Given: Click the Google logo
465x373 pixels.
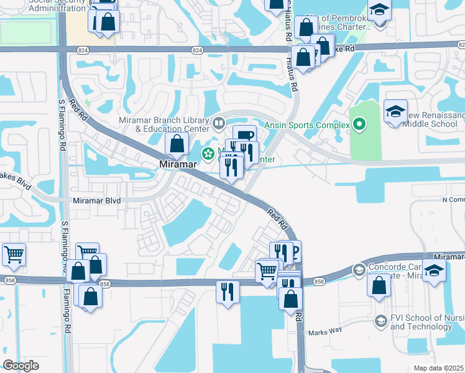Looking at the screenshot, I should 21,366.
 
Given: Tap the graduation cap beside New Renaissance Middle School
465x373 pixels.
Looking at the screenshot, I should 395,112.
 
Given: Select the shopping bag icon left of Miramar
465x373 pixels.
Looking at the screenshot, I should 177,144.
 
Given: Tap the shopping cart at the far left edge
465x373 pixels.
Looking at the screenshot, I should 13,254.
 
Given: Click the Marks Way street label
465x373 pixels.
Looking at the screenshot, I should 325,330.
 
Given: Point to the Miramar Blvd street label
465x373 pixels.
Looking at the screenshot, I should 96,201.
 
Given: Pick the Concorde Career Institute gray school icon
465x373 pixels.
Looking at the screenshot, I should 359,270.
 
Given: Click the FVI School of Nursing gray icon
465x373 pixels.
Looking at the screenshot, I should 380,320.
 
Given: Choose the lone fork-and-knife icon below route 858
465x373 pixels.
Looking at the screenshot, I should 228,292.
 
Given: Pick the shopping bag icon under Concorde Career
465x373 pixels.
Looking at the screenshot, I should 379,286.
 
